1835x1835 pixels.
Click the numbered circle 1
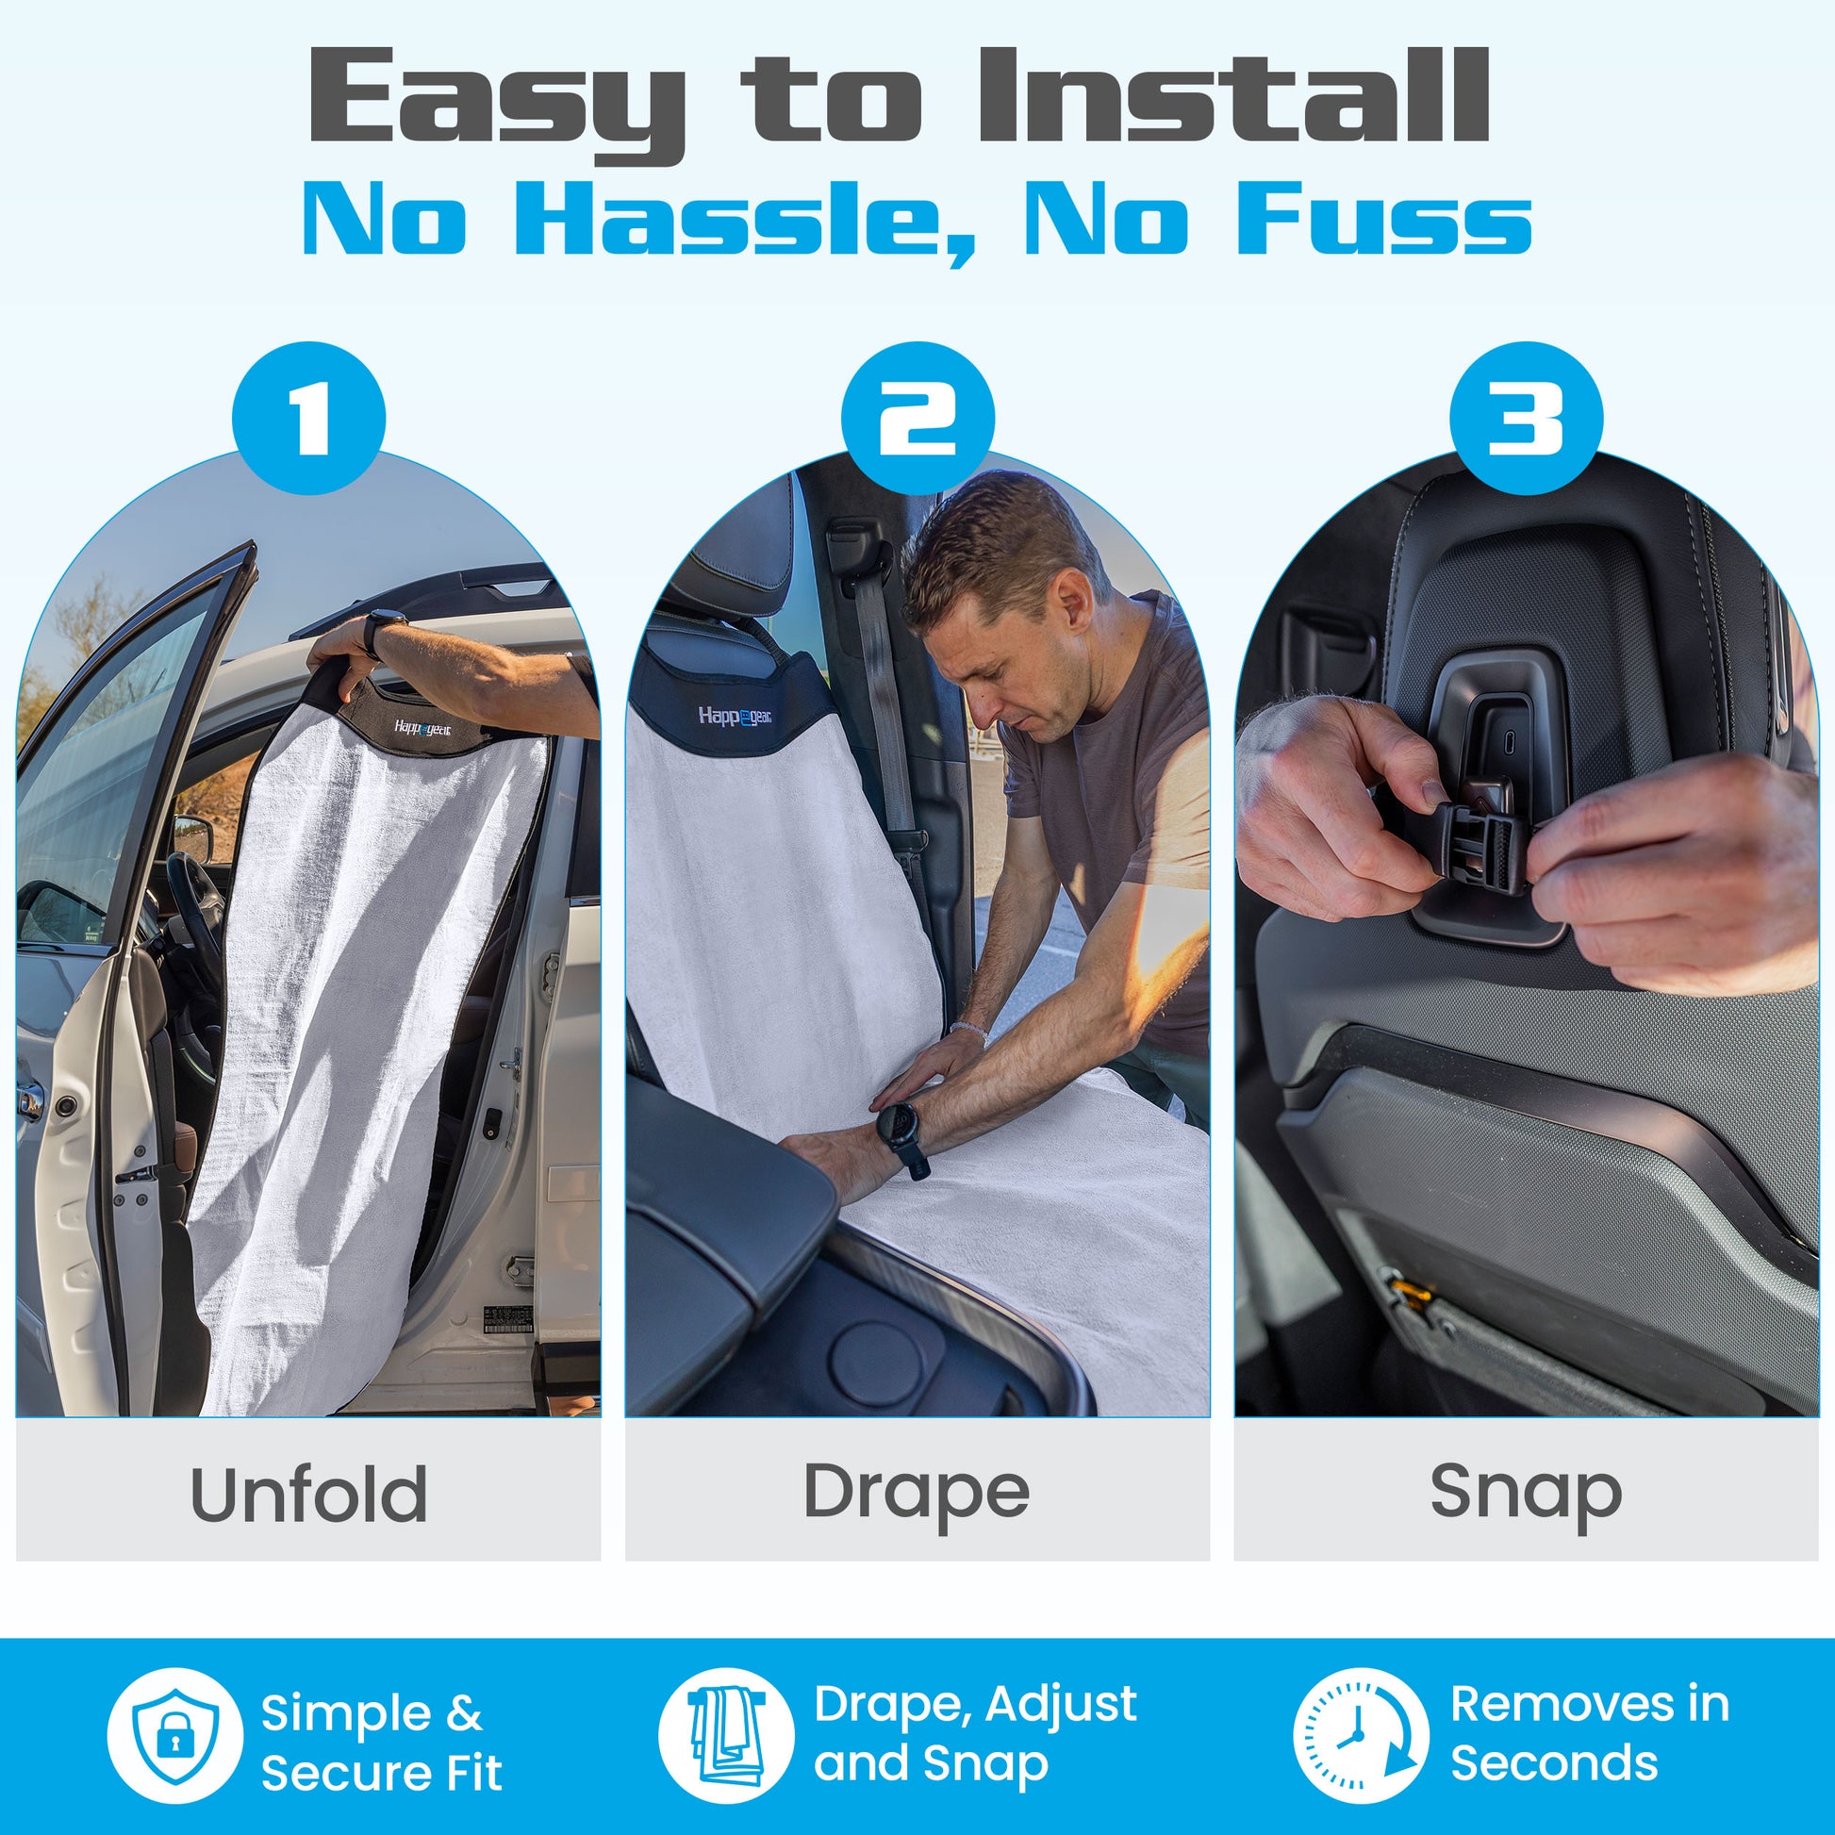(308, 417)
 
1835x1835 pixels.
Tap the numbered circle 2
(917, 417)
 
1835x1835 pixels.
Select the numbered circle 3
(1527, 417)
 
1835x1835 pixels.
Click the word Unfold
(308, 1494)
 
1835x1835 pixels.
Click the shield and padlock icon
(174, 1736)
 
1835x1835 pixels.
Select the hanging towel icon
(727, 1736)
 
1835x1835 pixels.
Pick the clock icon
(1361, 1736)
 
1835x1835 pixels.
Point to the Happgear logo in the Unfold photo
(422, 729)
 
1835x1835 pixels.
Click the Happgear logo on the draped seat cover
(736, 715)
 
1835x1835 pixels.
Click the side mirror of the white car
(193, 838)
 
